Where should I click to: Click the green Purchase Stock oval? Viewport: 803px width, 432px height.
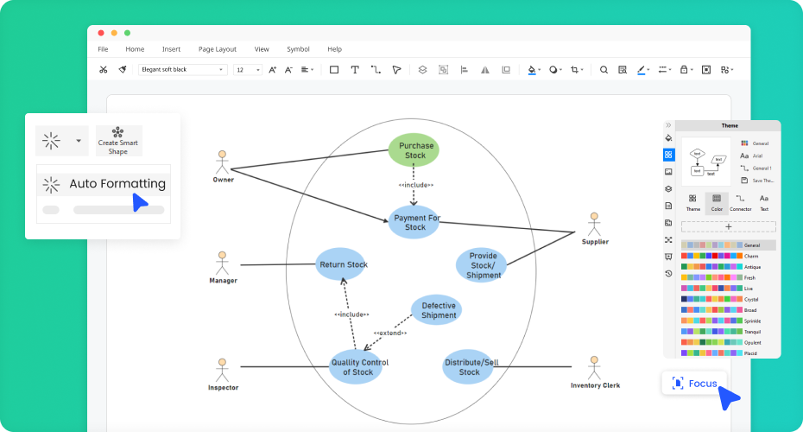(x=414, y=150)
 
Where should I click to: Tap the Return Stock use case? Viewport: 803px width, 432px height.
(x=342, y=264)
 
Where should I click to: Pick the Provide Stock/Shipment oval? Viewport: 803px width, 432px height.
(x=482, y=265)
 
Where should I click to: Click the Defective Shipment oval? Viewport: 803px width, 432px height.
(x=437, y=310)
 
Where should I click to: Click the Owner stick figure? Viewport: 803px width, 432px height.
(x=222, y=162)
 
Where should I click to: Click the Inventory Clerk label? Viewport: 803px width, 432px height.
(x=595, y=385)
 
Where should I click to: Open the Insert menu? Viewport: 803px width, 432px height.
(x=171, y=49)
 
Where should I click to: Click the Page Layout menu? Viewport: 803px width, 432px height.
(x=217, y=49)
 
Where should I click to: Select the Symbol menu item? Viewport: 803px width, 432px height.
(x=298, y=49)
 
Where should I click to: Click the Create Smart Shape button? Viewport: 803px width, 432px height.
(x=118, y=141)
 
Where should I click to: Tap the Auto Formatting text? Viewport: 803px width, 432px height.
(x=117, y=183)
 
